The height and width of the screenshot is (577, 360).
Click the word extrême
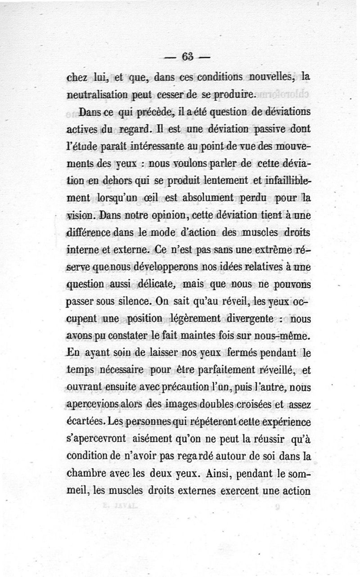pyautogui.click(x=272, y=248)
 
